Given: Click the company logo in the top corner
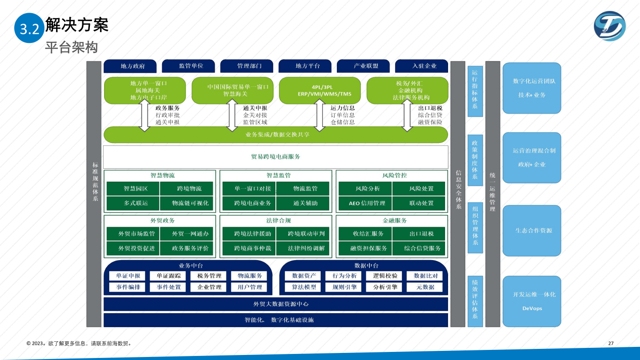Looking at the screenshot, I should pos(610,26).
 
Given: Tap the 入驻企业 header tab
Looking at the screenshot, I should pos(424,66).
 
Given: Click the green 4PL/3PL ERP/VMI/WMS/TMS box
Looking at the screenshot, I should pos(320,90).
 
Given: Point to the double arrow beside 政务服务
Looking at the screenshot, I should pos(144,115).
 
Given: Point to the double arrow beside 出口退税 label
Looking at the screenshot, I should pos(407,115).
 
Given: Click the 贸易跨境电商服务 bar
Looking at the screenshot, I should pos(276,157).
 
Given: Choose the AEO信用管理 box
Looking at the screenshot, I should pos(364,203).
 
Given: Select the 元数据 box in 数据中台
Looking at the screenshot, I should pos(424,287).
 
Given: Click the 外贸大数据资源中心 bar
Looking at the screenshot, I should pos(276,304).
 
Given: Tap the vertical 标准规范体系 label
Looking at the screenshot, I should pos(94,182).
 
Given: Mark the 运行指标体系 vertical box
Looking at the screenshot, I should pos(475,91).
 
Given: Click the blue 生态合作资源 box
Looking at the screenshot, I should pos(532,230).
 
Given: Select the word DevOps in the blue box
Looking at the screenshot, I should pos(532,308).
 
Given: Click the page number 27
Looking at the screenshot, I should pos(611,343).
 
